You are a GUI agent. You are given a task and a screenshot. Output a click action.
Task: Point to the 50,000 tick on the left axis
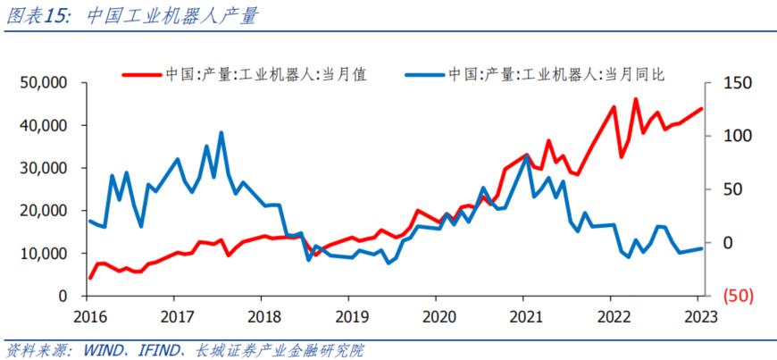(44, 83)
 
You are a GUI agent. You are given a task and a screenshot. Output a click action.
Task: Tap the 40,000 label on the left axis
(44, 126)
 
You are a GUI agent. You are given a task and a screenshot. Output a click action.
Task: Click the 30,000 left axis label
(44, 168)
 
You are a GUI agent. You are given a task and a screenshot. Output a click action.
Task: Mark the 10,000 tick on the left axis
(44, 254)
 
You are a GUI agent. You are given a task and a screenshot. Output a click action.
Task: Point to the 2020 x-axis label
(437, 316)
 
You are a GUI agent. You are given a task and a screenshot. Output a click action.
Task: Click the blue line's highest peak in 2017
(221, 133)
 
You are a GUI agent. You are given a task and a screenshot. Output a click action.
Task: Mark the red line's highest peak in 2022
(635, 99)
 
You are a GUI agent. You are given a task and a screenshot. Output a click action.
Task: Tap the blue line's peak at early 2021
(526, 155)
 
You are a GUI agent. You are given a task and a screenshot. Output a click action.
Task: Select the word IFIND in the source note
(157, 348)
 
